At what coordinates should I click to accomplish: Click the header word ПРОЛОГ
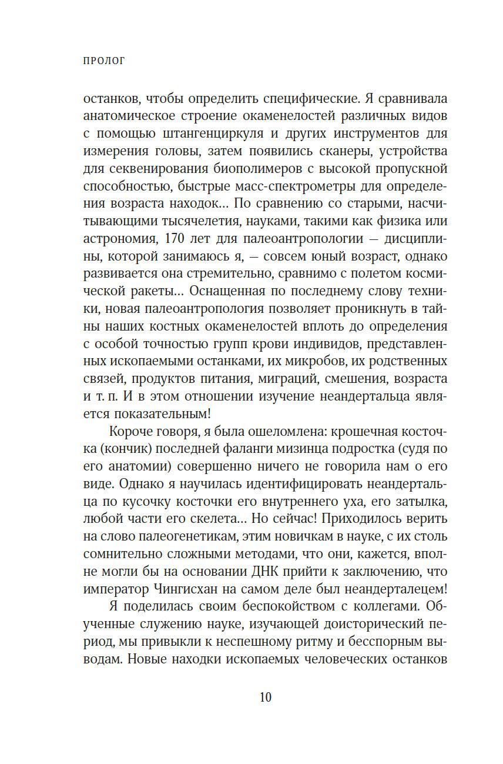click(x=105, y=61)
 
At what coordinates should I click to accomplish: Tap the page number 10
click(x=266, y=697)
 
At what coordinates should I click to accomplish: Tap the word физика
click(x=402, y=222)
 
